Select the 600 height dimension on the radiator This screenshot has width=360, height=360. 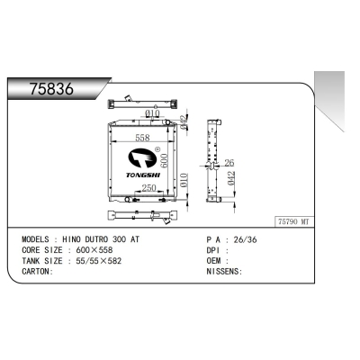point(166,158)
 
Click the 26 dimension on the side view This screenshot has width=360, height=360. point(230,162)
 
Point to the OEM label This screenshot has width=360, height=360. point(213,261)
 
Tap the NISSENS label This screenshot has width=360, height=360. point(224,270)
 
